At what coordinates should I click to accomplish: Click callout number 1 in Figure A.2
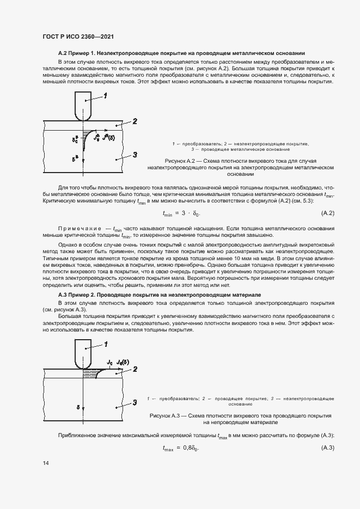[x=105, y=96]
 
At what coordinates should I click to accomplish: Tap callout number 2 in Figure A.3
[x=135, y=369]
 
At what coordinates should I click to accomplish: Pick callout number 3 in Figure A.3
[x=135, y=403]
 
